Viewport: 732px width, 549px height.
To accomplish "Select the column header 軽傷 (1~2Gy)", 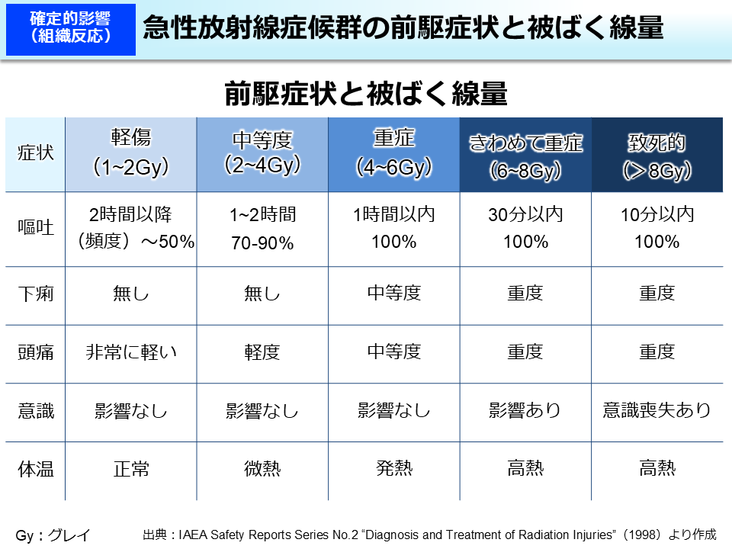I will [130, 152].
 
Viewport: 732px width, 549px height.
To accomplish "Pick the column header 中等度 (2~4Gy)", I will [262, 152].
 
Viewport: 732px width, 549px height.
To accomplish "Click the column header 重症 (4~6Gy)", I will [394, 152].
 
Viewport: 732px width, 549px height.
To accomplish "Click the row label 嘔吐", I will [36, 228].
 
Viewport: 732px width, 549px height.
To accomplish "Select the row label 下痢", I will [36, 294].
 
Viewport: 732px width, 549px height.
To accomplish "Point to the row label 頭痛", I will [36, 352].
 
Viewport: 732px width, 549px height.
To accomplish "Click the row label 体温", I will [36, 469].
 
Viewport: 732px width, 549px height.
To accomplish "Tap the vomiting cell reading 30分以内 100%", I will [525, 228].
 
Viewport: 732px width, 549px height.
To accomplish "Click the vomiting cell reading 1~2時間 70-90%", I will [262, 228].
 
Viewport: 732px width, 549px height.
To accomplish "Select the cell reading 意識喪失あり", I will [657, 410].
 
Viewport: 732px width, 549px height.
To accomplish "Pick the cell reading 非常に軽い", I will [130, 352].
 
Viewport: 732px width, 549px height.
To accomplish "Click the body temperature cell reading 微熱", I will [262, 469].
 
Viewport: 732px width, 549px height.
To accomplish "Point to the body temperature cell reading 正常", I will [130, 469].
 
